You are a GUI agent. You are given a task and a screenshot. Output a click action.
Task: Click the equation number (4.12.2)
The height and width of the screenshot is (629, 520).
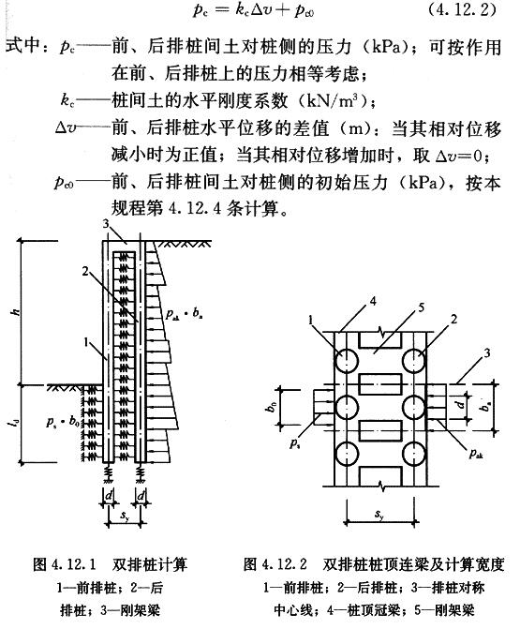tap(462, 9)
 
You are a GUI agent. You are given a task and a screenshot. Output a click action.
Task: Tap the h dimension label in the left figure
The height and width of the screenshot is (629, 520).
tap(17, 310)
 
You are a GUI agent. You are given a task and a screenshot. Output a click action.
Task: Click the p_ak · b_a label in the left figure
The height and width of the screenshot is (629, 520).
tap(184, 313)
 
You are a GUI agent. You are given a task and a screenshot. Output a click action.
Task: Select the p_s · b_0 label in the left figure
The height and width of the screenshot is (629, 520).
tap(63, 421)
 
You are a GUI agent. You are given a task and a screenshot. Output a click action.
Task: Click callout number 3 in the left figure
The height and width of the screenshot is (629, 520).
tap(106, 224)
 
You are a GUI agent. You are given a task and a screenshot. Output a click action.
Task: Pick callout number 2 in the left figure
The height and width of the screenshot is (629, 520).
tap(85, 271)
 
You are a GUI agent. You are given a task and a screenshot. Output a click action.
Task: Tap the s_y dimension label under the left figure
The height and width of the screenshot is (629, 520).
tap(126, 515)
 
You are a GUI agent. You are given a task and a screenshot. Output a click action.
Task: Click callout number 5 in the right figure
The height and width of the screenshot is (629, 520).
tap(421, 307)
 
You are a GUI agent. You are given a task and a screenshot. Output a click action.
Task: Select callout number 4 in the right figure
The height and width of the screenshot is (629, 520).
tap(373, 301)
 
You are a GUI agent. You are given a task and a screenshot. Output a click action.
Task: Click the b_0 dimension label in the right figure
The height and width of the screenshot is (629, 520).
tap(272, 407)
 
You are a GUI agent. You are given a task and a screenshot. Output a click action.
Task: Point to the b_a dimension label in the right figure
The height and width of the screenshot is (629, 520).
tap(485, 406)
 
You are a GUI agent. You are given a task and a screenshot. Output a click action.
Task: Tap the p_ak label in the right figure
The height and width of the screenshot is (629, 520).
tap(476, 454)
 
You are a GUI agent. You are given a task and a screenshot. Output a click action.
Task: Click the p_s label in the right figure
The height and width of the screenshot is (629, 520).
tap(295, 443)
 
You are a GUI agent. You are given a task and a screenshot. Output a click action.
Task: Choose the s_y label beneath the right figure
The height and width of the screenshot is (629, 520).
tap(379, 514)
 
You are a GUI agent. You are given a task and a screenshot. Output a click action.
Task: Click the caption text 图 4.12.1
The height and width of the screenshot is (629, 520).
tap(64, 564)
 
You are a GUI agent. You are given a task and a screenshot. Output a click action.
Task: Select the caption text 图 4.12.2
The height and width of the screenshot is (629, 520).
tap(275, 564)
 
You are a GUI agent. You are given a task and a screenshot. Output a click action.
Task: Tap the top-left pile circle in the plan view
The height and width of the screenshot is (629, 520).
tap(346, 361)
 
